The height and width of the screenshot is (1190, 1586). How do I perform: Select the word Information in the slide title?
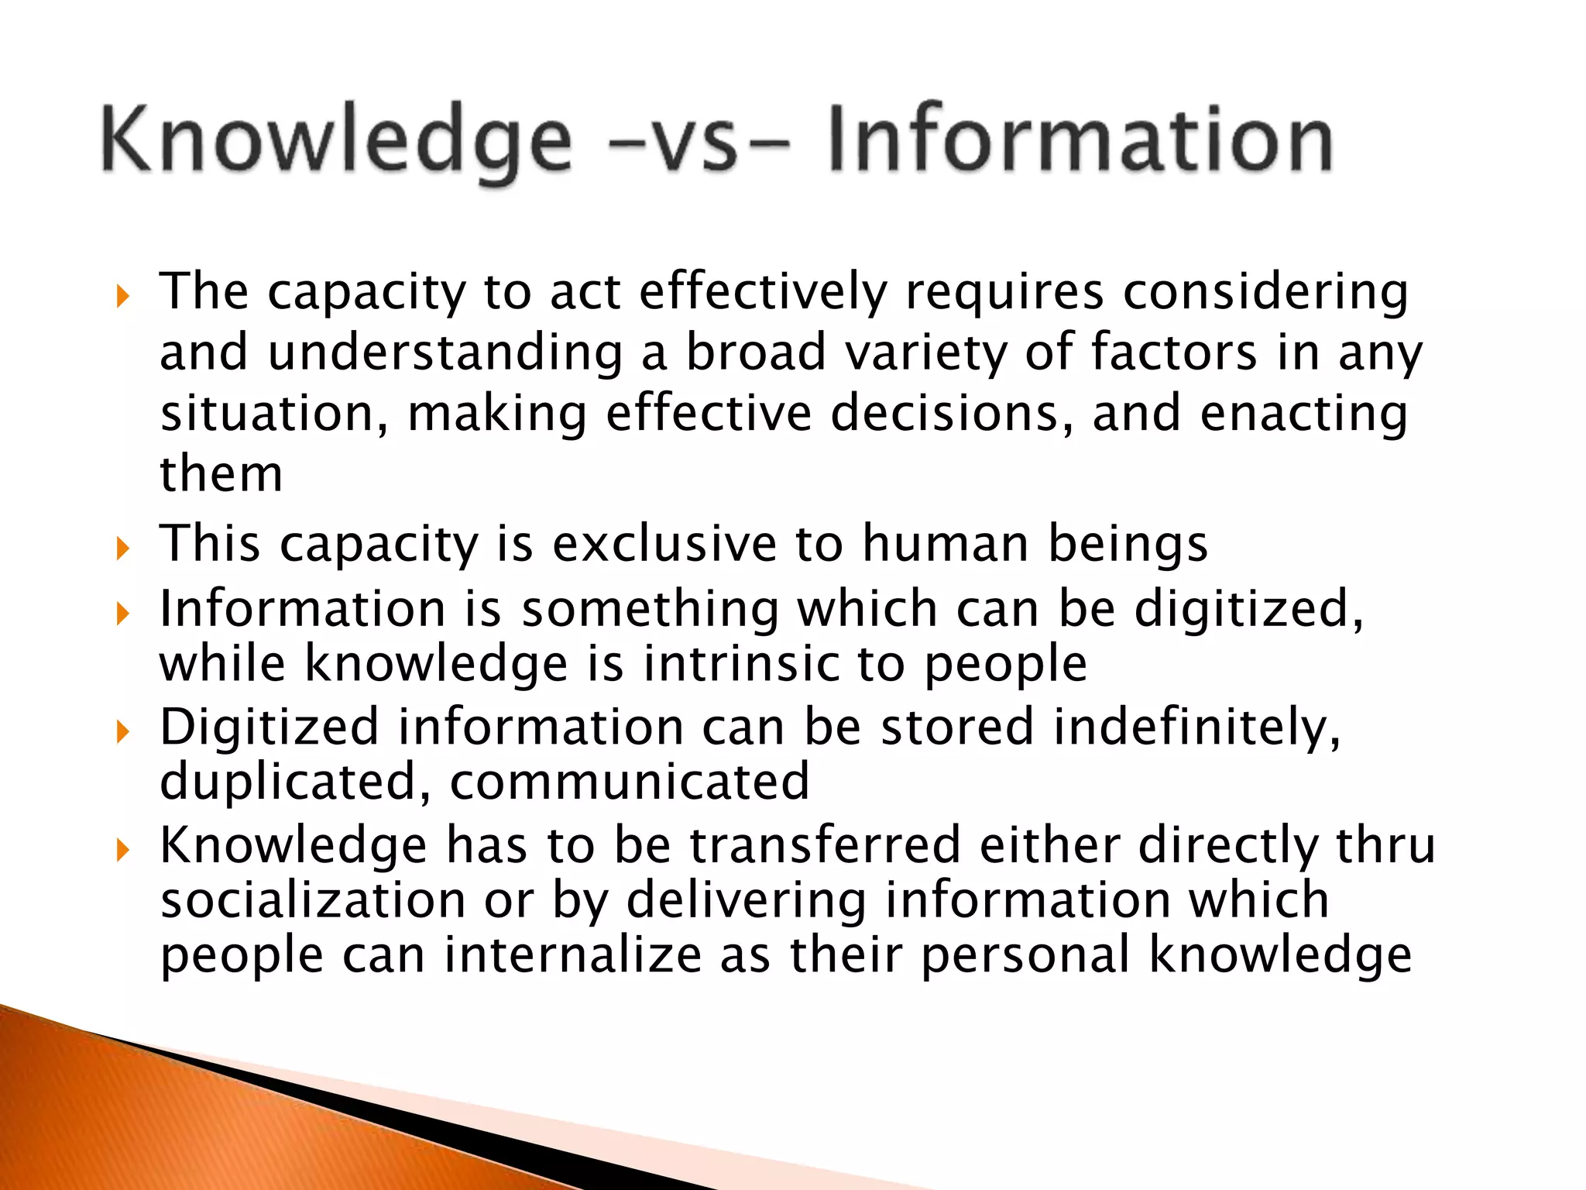1080,139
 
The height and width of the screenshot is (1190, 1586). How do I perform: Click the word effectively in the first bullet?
763,294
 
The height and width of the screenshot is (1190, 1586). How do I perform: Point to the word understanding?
445,353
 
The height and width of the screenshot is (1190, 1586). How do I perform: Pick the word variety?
925,353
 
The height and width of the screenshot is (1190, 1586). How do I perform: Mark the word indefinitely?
1197,728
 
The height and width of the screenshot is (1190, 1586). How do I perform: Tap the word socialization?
313,900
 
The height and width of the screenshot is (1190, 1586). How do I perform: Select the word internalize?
572,954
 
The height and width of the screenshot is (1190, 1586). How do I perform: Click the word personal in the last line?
1025,954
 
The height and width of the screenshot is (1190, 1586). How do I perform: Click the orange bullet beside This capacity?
122,549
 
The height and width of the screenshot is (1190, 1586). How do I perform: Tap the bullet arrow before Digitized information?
122,731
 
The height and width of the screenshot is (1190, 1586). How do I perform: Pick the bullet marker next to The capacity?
122,296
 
